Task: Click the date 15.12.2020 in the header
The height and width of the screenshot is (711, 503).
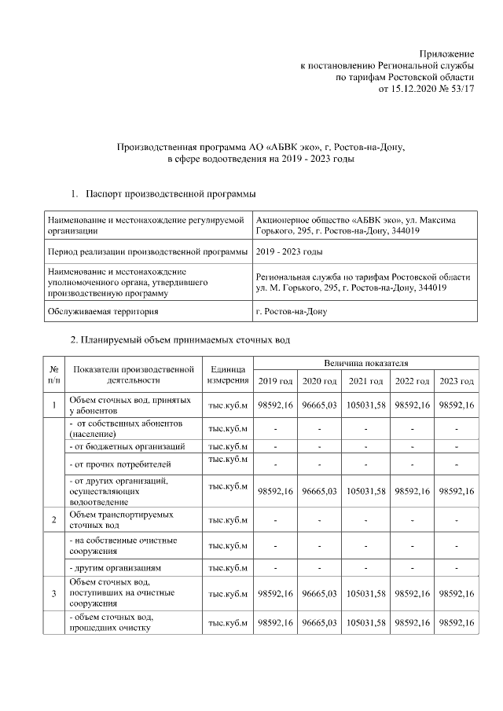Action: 413,89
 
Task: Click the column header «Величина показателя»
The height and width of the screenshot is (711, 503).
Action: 365,363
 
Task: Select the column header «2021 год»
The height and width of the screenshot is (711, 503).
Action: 365,381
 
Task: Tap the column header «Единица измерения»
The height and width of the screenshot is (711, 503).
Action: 228,374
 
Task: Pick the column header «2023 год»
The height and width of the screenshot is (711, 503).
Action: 457,381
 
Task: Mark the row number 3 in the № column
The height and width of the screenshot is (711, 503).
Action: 53,593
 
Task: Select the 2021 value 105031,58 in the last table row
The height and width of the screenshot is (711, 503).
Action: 365,623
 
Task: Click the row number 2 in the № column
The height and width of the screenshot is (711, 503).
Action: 53,520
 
